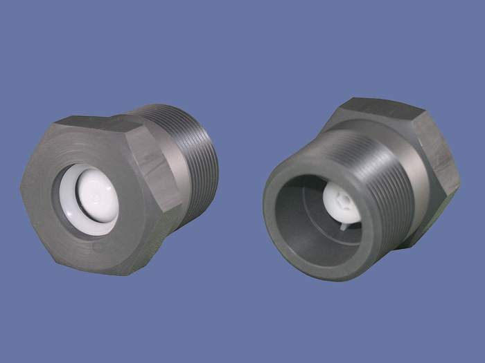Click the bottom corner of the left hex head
coord(125,273)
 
